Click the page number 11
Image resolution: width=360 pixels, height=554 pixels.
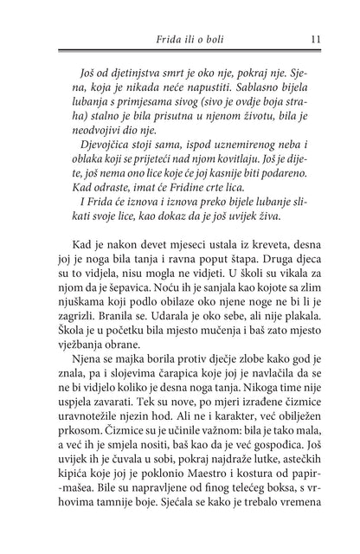coord(316,38)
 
